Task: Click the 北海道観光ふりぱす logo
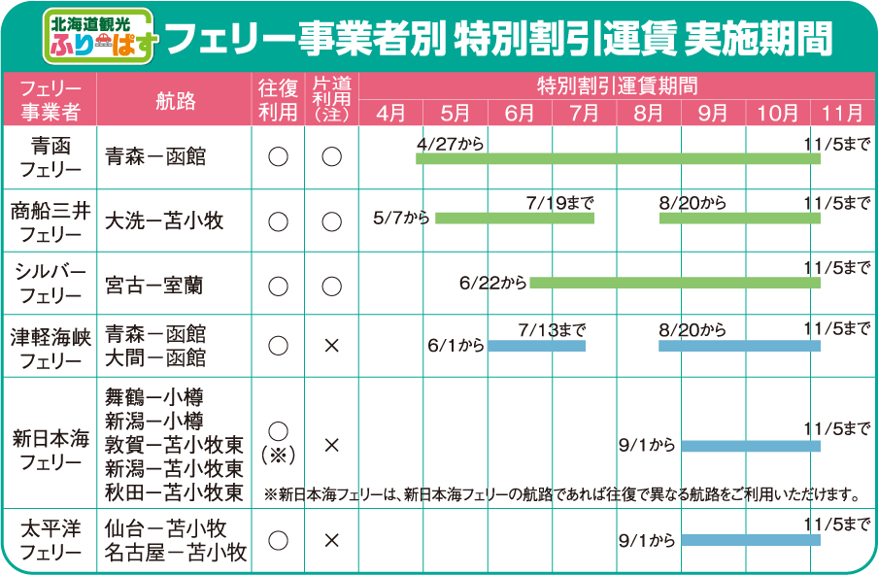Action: pos(99,35)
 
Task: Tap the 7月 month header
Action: pos(584,113)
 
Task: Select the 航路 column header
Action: pos(175,99)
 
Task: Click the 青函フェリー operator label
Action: pos(50,157)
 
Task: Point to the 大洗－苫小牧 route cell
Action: pos(164,220)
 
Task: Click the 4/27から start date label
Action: pos(450,144)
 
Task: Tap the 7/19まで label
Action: pos(559,203)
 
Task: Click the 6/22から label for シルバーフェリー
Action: pos(493,284)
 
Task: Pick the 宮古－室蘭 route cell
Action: pos(155,285)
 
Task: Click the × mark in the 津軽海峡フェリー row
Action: pos(331,346)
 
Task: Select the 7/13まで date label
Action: pos(552,330)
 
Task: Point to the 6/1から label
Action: pos(456,346)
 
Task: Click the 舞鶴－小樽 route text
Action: pos(154,397)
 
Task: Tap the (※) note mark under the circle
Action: pos(278,453)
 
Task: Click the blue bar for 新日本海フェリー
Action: pos(750,446)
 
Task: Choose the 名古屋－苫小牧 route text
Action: pos(176,553)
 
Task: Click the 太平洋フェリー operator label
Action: pos(50,541)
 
